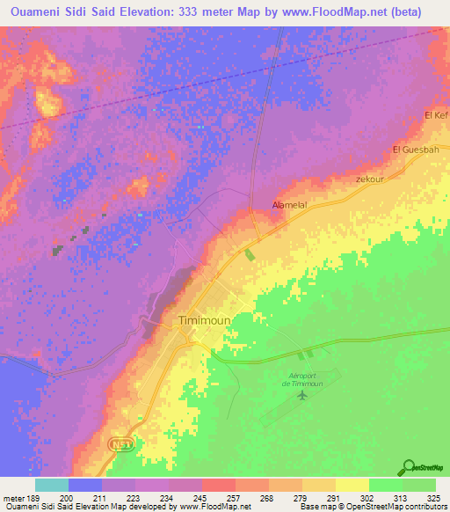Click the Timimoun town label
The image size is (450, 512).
204,321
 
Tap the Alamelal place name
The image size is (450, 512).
289,205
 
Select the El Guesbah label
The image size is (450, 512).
415,149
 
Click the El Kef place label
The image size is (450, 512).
436,115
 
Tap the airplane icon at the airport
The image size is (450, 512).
303,394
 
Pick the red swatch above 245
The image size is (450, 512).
219,485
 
